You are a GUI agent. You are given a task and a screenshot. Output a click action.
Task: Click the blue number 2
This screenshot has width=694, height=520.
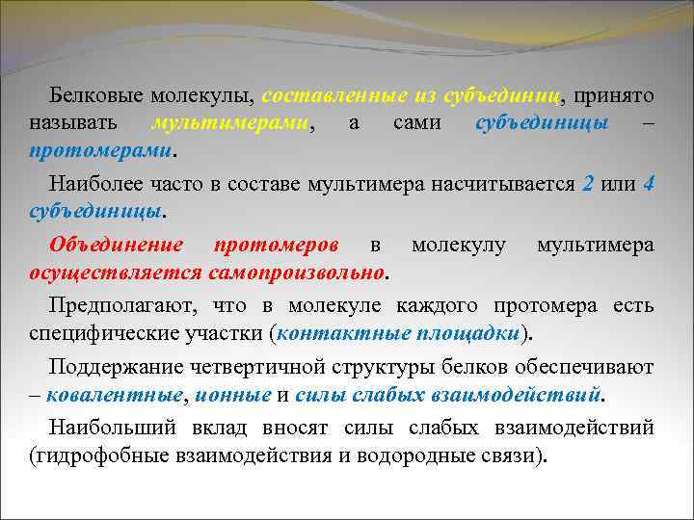click(588, 184)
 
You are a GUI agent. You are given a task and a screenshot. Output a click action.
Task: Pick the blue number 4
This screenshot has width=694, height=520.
click(648, 184)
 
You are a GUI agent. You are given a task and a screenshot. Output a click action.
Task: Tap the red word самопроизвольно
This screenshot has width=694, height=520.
click(295, 273)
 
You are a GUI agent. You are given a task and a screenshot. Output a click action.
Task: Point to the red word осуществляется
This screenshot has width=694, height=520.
click(115, 273)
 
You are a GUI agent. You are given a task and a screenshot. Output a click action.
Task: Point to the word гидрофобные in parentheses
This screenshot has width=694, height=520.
click(96, 455)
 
